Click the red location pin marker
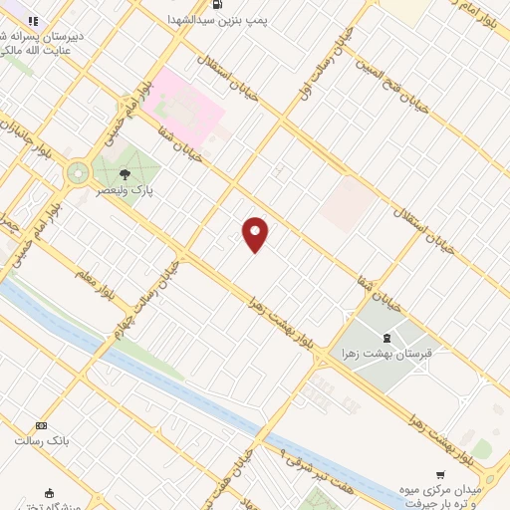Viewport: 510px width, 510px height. coord(256,234)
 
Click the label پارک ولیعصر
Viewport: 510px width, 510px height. coord(125,187)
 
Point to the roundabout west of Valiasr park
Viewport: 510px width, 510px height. coord(78,173)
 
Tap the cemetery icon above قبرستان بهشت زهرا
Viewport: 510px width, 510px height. coord(387,339)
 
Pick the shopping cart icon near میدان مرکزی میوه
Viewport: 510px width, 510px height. coord(440,475)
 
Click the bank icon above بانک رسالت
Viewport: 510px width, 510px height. coord(41,425)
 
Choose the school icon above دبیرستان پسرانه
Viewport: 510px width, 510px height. coord(33,20)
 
